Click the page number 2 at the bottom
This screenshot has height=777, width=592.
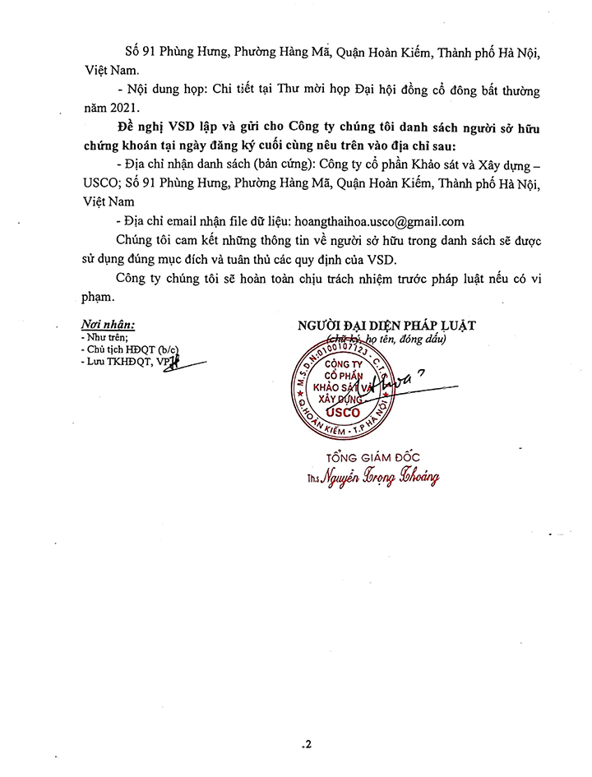click(308, 746)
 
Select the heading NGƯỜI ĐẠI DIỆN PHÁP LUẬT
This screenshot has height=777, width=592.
click(386, 326)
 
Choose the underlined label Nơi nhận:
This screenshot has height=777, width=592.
click(108, 325)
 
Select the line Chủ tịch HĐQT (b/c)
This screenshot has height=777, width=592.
click(129, 349)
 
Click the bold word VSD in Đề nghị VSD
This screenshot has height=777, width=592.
click(180, 129)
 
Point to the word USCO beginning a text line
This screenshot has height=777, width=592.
click(102, 183)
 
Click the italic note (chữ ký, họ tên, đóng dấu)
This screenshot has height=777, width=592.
click(386, 339)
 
